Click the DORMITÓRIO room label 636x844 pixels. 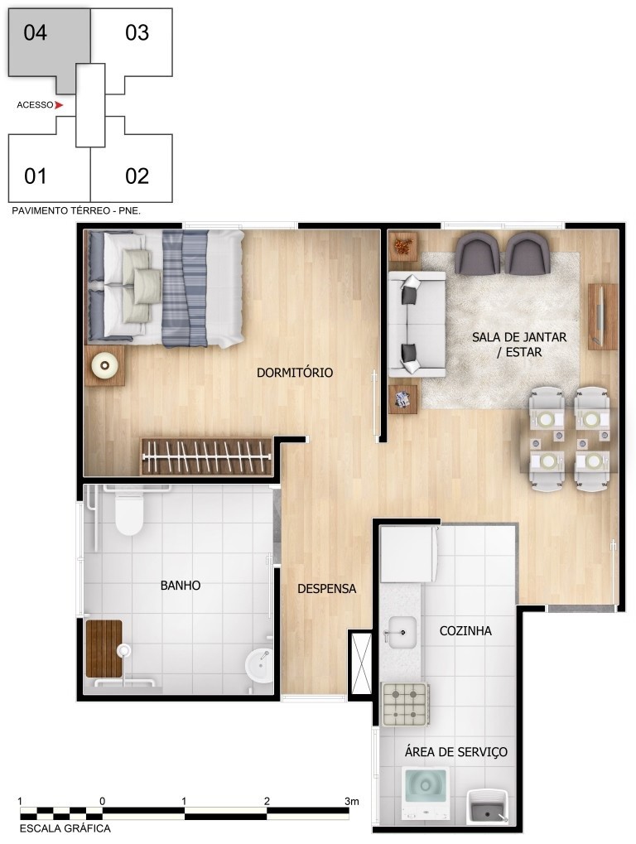(x=294, y=373)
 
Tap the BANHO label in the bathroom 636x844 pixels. (x=181, y=585)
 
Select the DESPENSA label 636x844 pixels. (x=326, y=588)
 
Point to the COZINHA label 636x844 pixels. (x=465, y=631)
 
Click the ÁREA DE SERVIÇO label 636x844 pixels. (x=455, y=752)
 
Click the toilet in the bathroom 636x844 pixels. (x=129, y=514)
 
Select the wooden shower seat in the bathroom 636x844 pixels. (x=104, y=649)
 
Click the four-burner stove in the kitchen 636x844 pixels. (x=405, y=703)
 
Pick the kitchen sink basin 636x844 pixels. (x=401, y=633)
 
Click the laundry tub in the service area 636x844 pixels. (x=488, y=806)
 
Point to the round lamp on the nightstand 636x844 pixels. (x=105, y=365)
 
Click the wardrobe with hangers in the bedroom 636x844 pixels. (x=207, y=456)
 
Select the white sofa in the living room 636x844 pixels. (x=417, y=324)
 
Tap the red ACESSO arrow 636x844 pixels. (x=59, y=105)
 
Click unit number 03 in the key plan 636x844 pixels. (x=137, y=33)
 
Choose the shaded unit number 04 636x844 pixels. (x=36, y=33)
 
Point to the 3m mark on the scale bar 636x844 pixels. (x=351, y=802)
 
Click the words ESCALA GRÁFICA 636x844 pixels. (x=65, y=828)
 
